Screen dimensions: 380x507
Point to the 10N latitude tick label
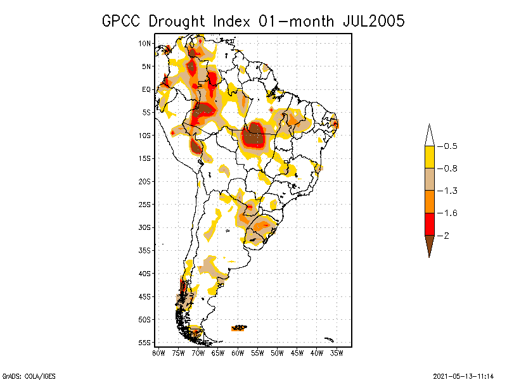pyautogui.click(x=144, y=43)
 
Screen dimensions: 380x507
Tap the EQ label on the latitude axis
pyautogui.click(x=146, y=89)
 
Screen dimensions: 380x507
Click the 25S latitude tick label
pyautogui.click(x=144, y=204)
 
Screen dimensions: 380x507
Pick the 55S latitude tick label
pyautogui.click(x=144, y=342)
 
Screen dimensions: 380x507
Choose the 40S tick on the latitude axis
pyautogui.click(x=144, y=273)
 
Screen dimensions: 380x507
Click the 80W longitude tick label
pyautogui.click(x=158, y=352)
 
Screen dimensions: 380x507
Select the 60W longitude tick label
pyautogui.click(x=238, y=352)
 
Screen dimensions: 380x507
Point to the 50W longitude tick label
pyautogui.click(x=277, y=352)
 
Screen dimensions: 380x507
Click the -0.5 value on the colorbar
pyautogui.click(x=449, y=146)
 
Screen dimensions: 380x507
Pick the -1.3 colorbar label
pyautogui.click(x=449, y=191)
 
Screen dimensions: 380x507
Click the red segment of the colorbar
pyautogui.click(x=429, y=224)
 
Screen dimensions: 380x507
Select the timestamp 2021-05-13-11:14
pyautogui.click(x=463, y=375)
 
